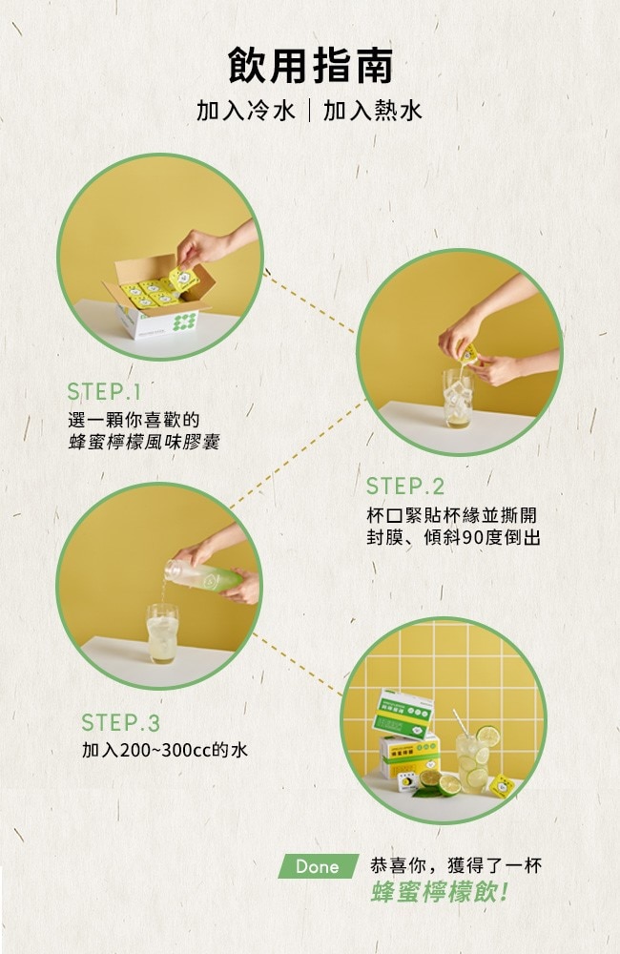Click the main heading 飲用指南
click(310, 66)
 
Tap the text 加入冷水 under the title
click(246, 111)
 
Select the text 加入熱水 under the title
click(372, 111)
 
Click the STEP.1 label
click(104, 391)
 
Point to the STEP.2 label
click(405, 487)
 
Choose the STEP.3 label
click(120, 723)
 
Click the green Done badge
click(318, 866)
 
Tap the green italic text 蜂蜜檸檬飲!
click(440, 893)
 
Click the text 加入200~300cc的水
click(165, 750)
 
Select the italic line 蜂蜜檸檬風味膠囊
click(144, 442)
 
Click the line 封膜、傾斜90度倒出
click(453, 538)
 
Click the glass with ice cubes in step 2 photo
click(458, 399)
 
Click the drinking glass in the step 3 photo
click(162, 634)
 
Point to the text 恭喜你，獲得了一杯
click(456, 865)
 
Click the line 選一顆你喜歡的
click(134, 420)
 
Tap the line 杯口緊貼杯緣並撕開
click(452, 515)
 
